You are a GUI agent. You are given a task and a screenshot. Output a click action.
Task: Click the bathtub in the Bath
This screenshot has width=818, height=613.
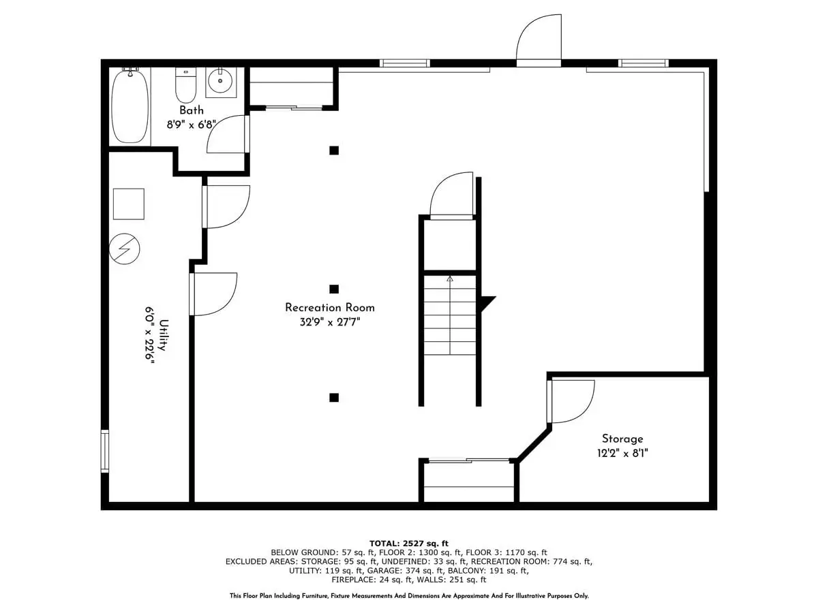tap(130, 106)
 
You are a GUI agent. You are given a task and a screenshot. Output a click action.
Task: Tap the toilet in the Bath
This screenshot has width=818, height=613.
tap(185, 85)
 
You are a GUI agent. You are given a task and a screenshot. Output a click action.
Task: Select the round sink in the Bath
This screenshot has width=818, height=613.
tap(220, 80)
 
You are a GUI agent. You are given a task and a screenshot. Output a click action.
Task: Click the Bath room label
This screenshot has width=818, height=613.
tap(192, 110)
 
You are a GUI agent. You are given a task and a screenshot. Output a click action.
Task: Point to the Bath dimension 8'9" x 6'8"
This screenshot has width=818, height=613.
tap(191, 124)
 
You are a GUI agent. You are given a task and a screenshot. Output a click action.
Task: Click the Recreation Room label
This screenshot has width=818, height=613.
tap(329, 307)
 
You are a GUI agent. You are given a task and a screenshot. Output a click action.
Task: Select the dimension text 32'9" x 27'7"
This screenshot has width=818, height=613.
tap(330, 322)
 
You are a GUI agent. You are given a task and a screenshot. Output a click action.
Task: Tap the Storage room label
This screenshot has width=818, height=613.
tap(622, 439)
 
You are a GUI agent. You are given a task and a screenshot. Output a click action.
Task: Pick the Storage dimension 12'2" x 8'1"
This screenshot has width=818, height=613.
tap(622, 454)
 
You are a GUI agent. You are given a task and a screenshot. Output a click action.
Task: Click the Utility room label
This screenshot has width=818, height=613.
tap(164, 335)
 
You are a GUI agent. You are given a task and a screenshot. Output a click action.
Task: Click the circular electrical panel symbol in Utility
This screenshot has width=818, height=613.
tap(125, 249)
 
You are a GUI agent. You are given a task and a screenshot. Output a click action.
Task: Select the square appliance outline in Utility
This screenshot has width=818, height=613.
tap(129, 204)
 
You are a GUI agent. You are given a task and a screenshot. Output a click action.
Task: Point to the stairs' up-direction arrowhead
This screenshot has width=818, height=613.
tap(450, 278)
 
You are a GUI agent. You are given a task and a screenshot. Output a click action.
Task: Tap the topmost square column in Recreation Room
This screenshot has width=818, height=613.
tap(334, 151)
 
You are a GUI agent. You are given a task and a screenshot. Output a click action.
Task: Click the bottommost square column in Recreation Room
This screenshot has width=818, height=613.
tap(334, 398)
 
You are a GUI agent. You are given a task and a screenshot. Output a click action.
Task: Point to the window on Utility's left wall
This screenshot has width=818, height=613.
tap(105, 451)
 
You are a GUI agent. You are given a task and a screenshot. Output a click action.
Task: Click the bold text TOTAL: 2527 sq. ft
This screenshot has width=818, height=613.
tap(409, 544)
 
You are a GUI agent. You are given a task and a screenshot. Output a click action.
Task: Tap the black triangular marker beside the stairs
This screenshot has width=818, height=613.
tap(487, 302)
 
